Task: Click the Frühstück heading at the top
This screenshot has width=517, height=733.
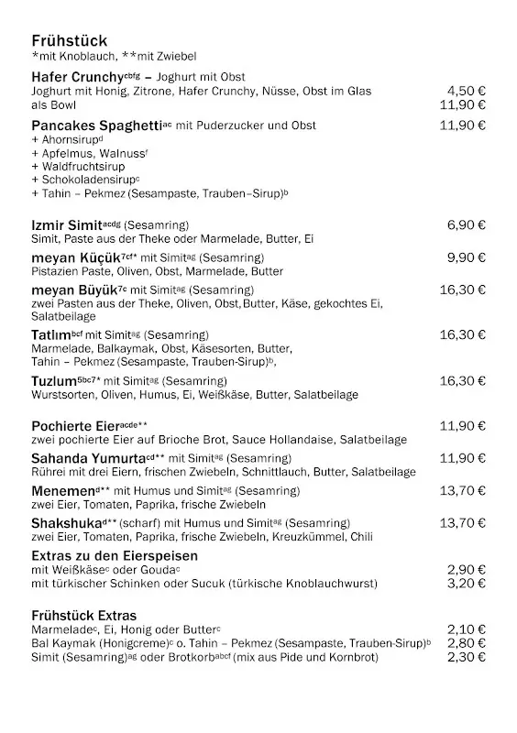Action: (69, 41)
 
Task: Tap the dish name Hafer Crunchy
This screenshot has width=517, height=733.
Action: (77, 77)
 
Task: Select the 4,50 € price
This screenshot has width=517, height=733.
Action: (466, 91)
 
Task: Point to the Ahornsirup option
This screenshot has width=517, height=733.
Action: (67, 140)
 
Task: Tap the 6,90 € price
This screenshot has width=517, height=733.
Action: (466, 224)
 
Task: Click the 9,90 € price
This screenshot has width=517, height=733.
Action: (466, 257)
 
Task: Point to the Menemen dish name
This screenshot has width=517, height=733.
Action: (62, 491)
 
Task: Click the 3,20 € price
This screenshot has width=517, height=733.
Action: (466, 583)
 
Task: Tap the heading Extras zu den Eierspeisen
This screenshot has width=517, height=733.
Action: (115, 556)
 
